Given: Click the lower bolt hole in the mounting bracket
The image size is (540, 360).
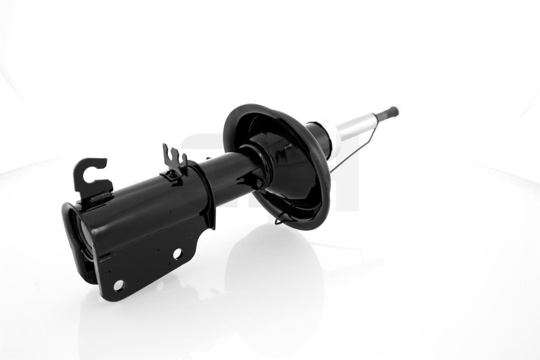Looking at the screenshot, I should click(119, 285).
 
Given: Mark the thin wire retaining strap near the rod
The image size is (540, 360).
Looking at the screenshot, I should click(355, 148).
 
